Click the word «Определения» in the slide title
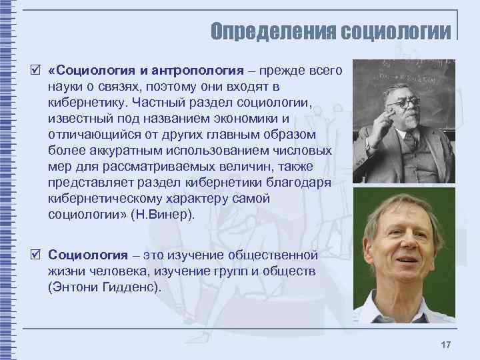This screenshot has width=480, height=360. [273, 31]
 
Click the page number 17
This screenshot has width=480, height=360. [446, 345]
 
